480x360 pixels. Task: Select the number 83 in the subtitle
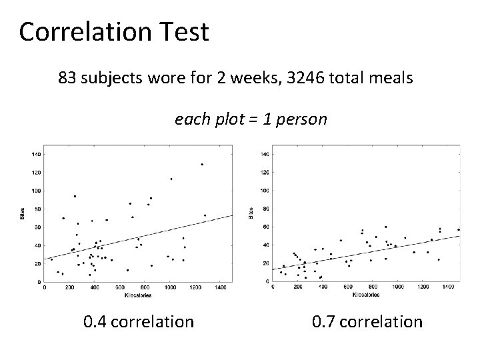67,79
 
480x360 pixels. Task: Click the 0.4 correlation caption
139,322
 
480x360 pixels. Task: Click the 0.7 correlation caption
367,322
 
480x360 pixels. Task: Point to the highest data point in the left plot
202,164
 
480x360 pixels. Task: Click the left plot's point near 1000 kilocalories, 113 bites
171,179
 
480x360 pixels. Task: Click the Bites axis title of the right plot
251,213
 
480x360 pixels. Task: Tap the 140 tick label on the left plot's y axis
36,154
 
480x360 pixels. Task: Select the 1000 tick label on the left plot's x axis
170,288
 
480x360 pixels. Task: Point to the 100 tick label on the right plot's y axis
265,191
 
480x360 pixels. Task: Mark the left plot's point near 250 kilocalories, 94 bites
75,196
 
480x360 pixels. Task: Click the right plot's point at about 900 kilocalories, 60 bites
385,227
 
